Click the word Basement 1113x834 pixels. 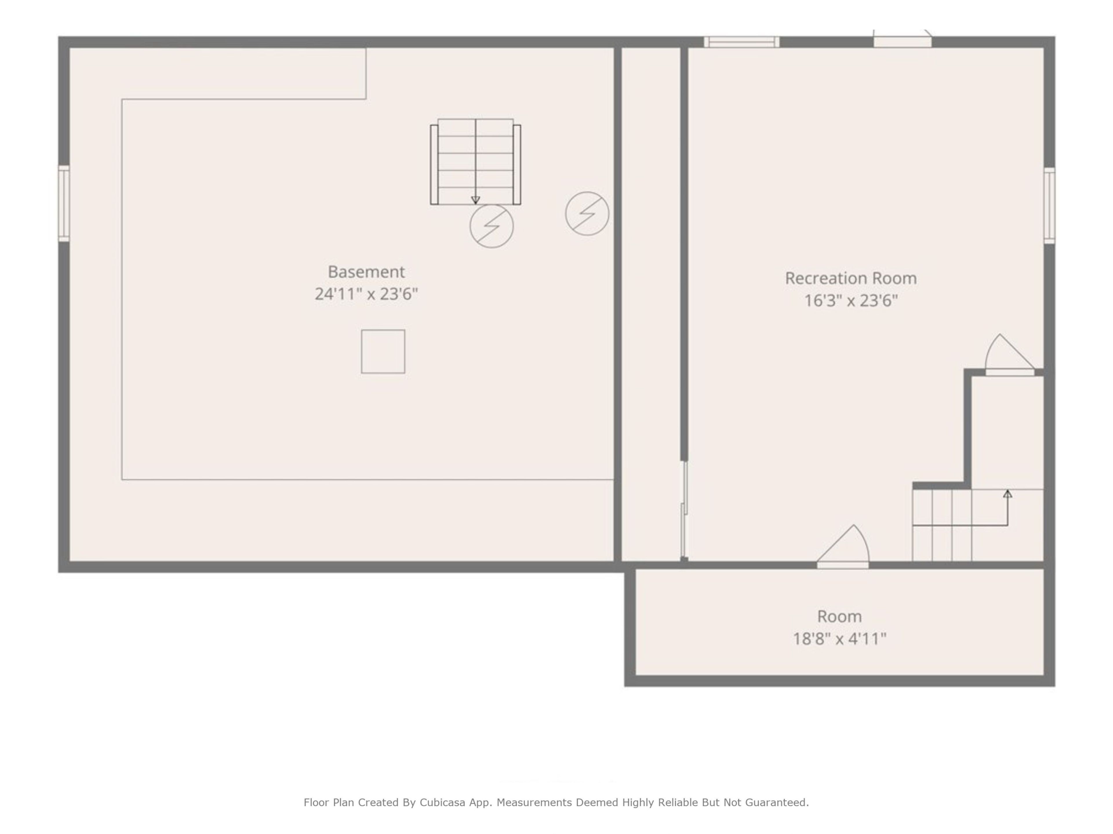pos(366,272)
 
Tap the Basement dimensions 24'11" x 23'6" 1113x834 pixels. pos(366,294)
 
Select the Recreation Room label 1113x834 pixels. pos(851,278)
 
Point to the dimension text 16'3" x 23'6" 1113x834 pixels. pos(851,301)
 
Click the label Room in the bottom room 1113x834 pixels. pos(839,616)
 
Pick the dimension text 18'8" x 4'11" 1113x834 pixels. pos(839,639)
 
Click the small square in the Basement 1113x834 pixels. pos(383,351)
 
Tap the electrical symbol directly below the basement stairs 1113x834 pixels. pos(492,226)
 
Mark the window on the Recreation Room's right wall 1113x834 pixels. pos(1049,206)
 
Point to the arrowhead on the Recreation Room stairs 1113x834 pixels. pos(1007,494)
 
